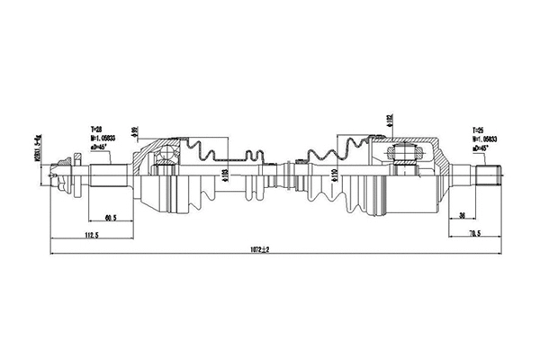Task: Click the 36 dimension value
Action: tap(461, 216)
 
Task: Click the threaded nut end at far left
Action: tap(64, 174)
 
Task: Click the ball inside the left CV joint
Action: tap(166, 165)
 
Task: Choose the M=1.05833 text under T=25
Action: tap(484, 139)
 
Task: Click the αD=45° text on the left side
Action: tap(100, 147)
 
